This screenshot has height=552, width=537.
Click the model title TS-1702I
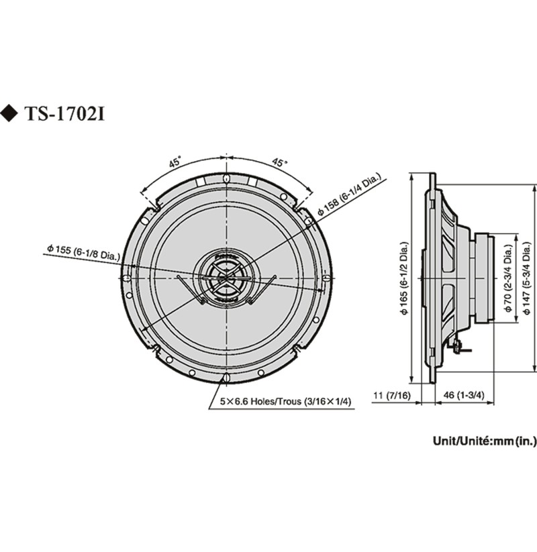click(65, 114)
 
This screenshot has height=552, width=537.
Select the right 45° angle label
click(279, 162)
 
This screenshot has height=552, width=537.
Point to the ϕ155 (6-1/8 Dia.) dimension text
click(83, 252)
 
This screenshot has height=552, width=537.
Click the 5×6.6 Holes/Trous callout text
click(285, 401)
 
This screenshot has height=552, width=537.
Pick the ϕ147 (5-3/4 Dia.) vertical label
click(526, 278)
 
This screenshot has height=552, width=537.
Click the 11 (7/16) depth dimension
click(392, 395)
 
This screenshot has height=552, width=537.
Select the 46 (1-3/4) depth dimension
click(464, 395)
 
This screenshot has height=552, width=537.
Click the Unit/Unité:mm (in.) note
click(485, 441)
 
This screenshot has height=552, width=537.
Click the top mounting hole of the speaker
click(226, 178)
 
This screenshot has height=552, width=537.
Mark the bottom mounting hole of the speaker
click(226, 378)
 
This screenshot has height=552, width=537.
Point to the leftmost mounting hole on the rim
click(127, 278)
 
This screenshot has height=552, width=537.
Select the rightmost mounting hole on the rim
click(326, 278)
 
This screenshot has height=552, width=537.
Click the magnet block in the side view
click(485, 278)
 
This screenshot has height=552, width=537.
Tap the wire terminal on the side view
click(456, 346)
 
